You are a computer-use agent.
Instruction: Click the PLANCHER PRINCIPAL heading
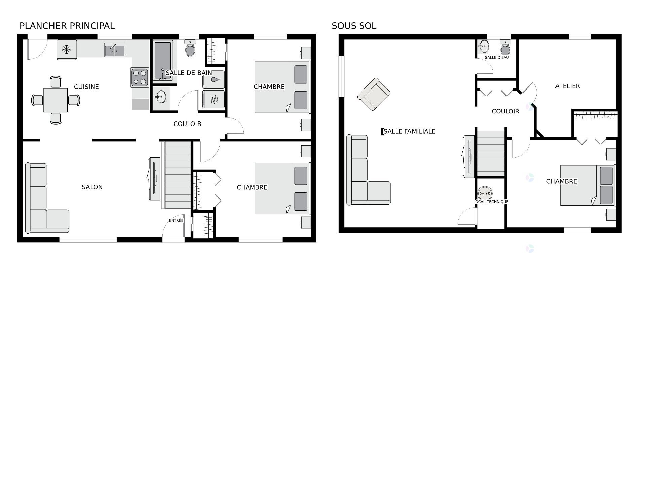[x=67, y=26]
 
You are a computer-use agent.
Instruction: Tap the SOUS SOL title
[x=354, y=26]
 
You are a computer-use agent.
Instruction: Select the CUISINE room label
[x=86, y=87]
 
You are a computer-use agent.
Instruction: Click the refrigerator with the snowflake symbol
[x=67, y=50]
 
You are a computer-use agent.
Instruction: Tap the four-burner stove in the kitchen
[x=140, y=77]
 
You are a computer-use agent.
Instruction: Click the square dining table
[x=56, y=100]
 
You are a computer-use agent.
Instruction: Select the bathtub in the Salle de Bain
[x=163, y=60]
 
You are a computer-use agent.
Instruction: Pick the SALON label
[x=92, y=187]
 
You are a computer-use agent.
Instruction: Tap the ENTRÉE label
[x=176, y=221]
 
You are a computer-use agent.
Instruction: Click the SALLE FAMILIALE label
[x=409, y=132]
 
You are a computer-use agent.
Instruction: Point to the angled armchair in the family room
[x=374, y=94]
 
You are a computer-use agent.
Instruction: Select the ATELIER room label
[x=567, y=86]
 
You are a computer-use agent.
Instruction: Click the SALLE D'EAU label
[x=497, y=58]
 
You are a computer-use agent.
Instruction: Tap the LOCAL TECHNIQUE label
[x=491, y=202]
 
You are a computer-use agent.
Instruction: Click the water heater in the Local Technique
[x=485, y=193]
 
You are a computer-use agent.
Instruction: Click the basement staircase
[x=491, y=153]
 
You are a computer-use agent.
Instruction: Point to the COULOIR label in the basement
[x=505, y=111]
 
